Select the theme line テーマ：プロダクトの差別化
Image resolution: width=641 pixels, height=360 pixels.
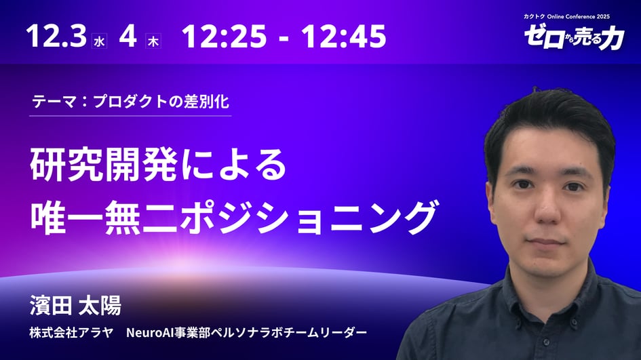[130, 102]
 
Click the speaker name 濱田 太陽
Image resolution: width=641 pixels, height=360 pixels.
[75, 306]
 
